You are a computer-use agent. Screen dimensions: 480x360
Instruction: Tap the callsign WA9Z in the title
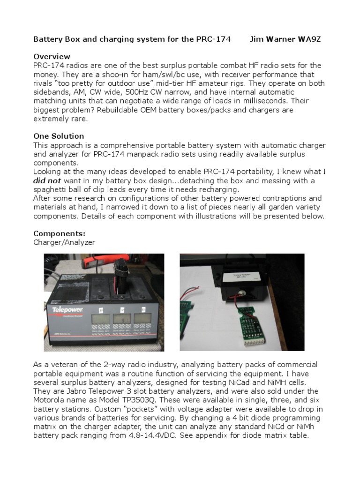309,39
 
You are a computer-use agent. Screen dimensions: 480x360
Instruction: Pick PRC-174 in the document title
212,39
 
